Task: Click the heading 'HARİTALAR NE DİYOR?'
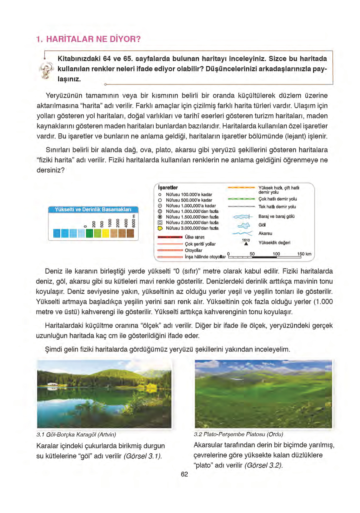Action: pyautogui.click(x=93, y=39)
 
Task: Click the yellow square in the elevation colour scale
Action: pyautogui.click(x=106, y=233)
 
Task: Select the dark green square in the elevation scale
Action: pyautogui.click(x=90, y=233)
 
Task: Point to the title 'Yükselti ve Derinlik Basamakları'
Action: pyautogui.click(x=93, y=210)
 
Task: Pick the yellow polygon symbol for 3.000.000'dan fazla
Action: pyautogui.click(x=160, y=228)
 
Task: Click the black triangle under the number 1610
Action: pyautogui.click(x=246, y=244)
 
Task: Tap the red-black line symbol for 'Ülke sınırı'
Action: pyautogui.click(x=170, y=237)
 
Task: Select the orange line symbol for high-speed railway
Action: pyautogui.click(x=241, y=188)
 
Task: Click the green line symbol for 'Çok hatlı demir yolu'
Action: pyautogui.click(x=241, y=199)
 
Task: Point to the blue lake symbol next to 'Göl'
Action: pyautogui.click(x=244, y=225)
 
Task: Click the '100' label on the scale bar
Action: pyautogui.click(x=276, y=254)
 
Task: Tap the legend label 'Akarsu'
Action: pyautogui.click(x=265, y=233)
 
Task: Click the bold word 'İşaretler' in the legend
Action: pyautogui.click(x=168, y=188)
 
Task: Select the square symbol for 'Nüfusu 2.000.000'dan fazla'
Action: pyautogui.click(x=160, y=223)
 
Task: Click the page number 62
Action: pyautogui.click(x=184, y=474)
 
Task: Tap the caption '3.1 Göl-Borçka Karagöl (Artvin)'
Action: pyautogui.click(x=76, y=434)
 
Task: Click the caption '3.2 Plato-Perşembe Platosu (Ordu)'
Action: pyautogui.click(x=238, y=434)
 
